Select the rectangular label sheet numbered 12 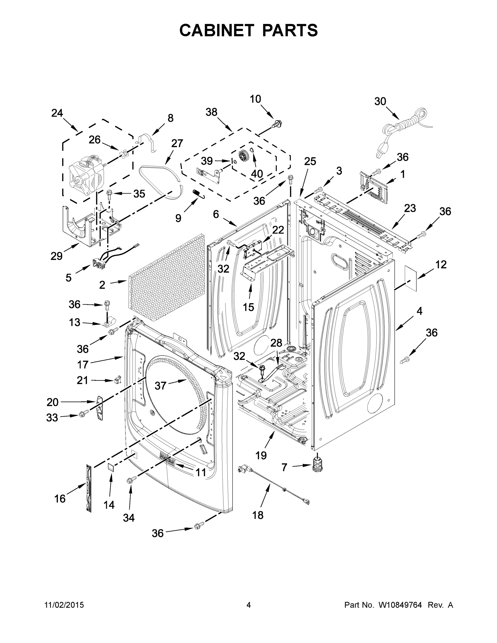tap(411, 278)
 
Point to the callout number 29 tap(57, 256)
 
